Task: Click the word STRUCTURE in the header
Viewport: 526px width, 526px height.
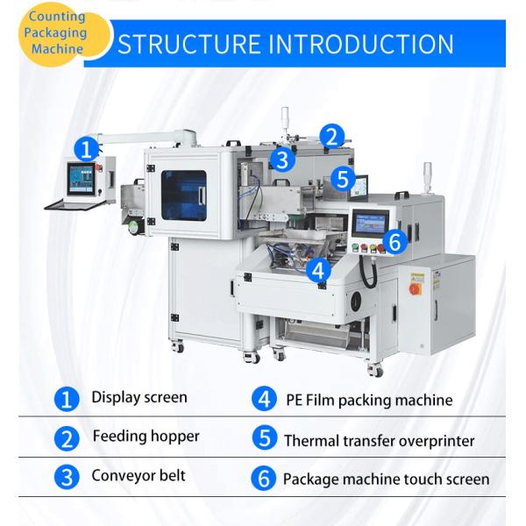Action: point(188,44)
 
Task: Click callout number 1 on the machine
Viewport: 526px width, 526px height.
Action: point(87,149)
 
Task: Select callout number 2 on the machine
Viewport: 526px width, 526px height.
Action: point(331,137)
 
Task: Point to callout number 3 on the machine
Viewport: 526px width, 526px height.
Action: point(282,160)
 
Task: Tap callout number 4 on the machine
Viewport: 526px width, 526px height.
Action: point(318,270)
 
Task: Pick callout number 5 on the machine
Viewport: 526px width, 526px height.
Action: point(343,179)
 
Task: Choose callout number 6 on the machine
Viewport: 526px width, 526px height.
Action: point(394,242)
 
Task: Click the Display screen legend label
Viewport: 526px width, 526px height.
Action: point(139,398)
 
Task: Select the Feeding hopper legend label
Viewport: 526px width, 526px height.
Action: point(146,437)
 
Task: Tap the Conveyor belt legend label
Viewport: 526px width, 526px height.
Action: point(139,476)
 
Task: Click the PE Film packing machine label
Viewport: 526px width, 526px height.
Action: point(369,401)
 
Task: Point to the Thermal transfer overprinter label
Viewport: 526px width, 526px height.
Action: point(380,441)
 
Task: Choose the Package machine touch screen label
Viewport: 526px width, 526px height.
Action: point(386,480)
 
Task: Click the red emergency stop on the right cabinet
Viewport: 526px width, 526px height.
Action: point(416,289)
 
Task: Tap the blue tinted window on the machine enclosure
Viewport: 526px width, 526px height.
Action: point(184,195)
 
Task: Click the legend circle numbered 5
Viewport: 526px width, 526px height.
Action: point(265,437)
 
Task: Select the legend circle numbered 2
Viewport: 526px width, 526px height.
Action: point(67,438)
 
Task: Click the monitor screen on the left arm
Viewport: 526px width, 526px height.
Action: point(81,179)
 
